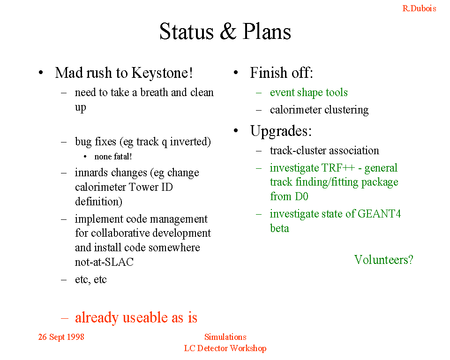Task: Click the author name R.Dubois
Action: (x=419, y=8)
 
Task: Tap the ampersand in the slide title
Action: (x=228, y=31)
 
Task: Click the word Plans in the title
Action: (x=267, y=31)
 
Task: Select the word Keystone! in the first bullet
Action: (x=162, y=73)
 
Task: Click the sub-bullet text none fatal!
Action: (x=113, y=157)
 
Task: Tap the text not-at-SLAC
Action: (x=104, y=262)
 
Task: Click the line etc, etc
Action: (x=90, y=279)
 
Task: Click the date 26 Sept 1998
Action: (x=61, y=337)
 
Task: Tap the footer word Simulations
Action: (x=225, y=337)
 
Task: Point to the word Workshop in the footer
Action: (x=248, y=348)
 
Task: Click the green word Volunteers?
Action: (x=384, y=260)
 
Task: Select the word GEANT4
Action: (x=379, y=214)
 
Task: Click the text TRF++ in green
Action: (x=338, y=168)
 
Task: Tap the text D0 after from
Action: (x=301, y=197)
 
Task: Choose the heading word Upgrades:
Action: (x=281, y=131)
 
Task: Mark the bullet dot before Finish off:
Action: (x=236, y=73)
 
